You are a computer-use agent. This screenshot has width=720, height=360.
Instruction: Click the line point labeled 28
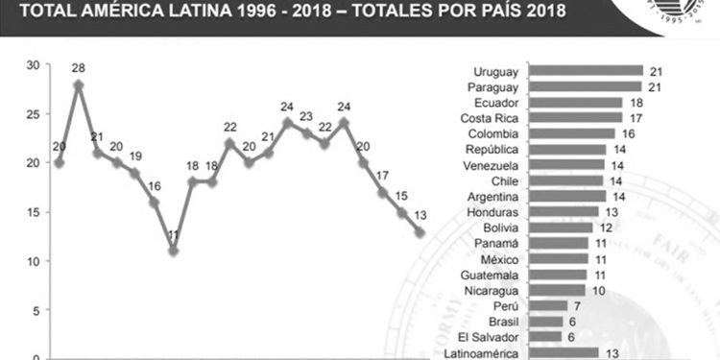click(x=79, y=84)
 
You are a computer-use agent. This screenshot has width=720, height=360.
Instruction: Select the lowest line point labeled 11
click(x=173, y=251)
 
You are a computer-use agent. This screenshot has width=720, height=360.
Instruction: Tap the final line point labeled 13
click(x=419, y=231)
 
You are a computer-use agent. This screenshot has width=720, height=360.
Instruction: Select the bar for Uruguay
click(x=586, y=71)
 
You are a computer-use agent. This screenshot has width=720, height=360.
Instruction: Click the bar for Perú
click(x=548, y=305)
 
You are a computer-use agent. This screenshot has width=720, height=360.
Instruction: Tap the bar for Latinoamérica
click(x=564, y=352)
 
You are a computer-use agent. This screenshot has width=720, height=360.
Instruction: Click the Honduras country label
click(x=493, y=211)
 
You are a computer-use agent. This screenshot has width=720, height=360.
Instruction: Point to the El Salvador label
click(x=490, y=337)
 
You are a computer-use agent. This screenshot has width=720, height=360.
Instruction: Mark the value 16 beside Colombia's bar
click(x=629, y=133)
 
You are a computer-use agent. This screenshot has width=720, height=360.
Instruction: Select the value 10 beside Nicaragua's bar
click(x=600, y=290)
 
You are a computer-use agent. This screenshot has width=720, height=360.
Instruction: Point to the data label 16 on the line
click(x=154, y=185)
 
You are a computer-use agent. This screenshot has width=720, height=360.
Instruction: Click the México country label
click(x=500, y=259)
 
